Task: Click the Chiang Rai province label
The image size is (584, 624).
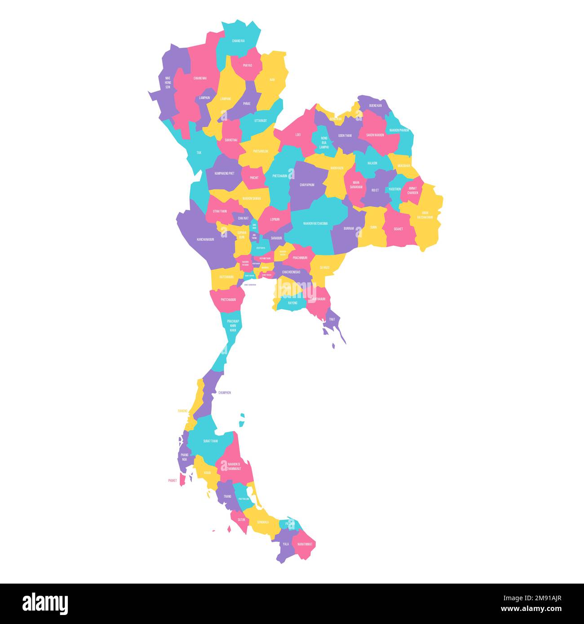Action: click(239, 41)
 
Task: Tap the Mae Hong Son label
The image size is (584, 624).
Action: click(168, 83)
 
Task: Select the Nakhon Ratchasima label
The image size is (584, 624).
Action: click(315, 224)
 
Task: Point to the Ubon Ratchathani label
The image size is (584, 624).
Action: click(425, 215)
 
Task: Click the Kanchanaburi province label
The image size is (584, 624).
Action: click(205, 240)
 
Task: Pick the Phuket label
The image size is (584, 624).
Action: click(173, 480)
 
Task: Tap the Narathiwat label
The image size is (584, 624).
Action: click(305, 544)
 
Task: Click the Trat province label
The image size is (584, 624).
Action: click(332, 320)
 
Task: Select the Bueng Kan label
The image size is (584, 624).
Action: click(375, 105)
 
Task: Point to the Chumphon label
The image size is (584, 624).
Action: click(225, 393)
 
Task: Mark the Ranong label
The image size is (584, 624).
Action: click(182, 411)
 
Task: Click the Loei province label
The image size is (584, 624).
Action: click(298, 135)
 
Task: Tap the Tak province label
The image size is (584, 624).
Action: click(199, 153)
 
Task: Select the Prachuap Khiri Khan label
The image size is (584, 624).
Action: click(233, 325)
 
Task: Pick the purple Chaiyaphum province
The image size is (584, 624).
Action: click(307, 185)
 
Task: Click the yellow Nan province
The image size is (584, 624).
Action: click(272, 80)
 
